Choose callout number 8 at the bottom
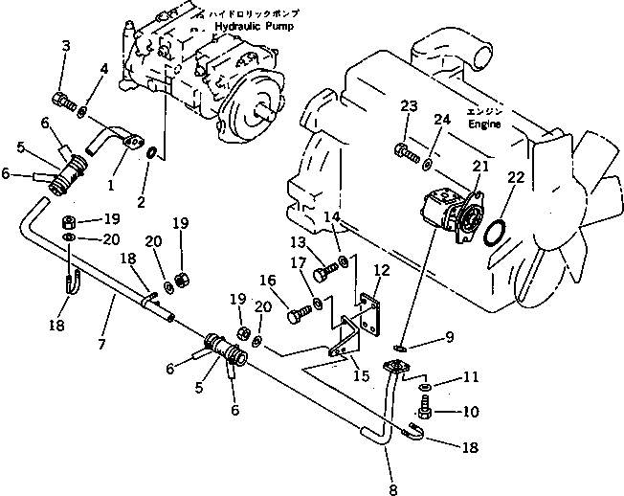point(391,477)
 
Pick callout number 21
point(479,166)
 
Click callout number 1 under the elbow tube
point(110,181)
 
